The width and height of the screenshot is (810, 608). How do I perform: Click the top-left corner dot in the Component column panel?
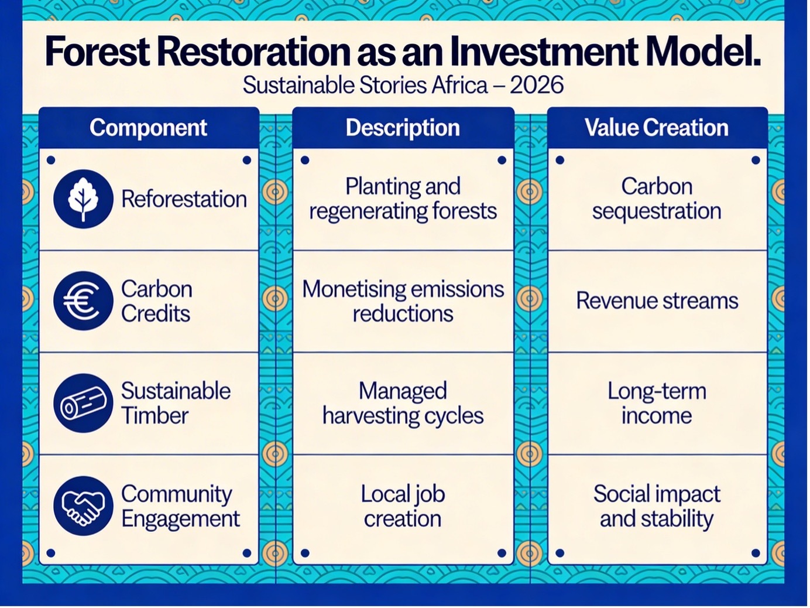point(51,160)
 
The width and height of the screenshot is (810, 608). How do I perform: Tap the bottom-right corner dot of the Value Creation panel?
point(756,553)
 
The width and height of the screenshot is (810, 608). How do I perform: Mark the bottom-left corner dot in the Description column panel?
point(305,553)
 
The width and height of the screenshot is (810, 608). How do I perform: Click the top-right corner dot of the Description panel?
point(502,160)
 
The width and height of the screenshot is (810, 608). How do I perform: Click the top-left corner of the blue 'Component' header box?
point(39,108)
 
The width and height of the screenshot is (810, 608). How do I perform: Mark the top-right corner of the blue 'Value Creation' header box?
point(768,108)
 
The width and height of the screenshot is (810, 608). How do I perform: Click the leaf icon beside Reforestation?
point(83,199)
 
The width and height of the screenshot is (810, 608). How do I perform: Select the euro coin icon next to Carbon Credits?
point(83,301)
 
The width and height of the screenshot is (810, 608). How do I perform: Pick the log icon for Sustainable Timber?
point(83,403)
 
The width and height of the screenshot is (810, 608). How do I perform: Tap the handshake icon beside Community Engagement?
point(83,505)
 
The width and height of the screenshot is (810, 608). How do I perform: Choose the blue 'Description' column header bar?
point(403,128)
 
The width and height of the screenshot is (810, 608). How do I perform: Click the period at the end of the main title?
point(756,63)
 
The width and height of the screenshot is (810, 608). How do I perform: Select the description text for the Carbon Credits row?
point(403,301)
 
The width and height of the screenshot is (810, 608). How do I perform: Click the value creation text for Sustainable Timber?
point(657,404)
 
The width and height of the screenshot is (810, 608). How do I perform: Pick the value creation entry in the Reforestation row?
point(657,199)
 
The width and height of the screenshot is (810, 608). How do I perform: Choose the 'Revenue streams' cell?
point(657,301)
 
